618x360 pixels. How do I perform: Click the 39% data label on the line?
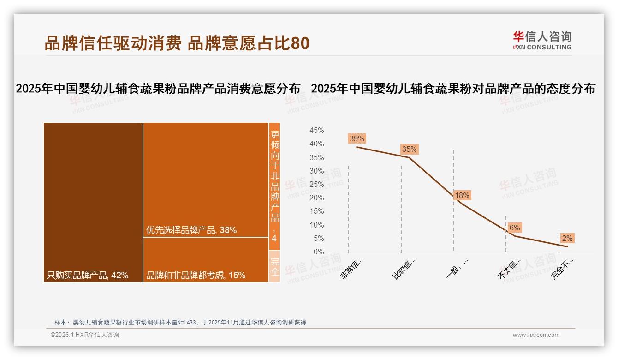[x=357, y=138]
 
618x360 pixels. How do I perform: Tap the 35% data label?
[x=409, y=149]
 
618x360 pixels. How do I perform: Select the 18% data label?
[x=462, y=195]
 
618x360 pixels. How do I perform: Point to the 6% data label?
[x=514, y=228]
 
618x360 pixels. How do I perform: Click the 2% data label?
[x=567, y=238]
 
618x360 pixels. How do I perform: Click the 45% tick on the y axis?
[x=316, y=131]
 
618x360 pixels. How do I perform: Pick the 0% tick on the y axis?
[x=318, y=252]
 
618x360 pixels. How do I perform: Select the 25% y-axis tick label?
[x=316, y=185]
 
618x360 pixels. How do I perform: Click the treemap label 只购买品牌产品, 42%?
[x=88, y=276]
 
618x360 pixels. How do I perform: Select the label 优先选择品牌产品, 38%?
[x=191, y=230]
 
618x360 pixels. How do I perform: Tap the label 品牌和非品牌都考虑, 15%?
[x=196, y=276]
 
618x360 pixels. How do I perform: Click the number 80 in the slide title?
[x=300, y=43]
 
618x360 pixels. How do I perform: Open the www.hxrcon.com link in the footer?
[x=536, y=335]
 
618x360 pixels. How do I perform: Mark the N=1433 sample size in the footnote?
[x=186, y=323]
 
